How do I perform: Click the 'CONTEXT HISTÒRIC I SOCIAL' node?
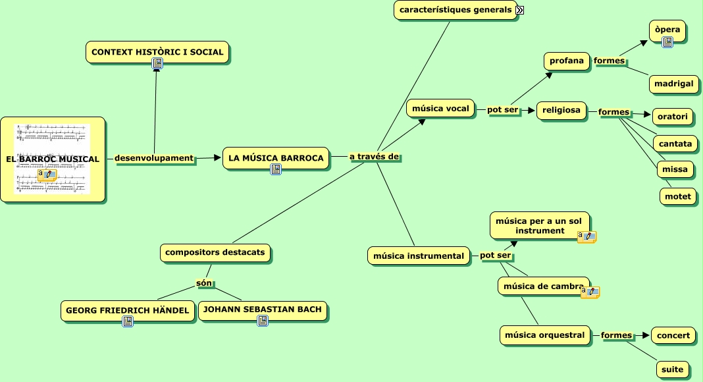157,51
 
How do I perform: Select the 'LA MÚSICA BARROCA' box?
276,158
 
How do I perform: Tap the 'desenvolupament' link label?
154,158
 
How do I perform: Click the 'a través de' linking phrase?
374,157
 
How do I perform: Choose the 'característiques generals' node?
456,10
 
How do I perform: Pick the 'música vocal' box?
440,108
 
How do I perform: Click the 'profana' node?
567,61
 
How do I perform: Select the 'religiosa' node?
561,111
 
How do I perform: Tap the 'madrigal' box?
673,84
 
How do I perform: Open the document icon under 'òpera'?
667,42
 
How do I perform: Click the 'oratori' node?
673,117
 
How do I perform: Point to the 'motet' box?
678,196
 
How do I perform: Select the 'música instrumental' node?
419,256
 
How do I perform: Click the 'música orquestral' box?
544,335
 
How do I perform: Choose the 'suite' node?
672,369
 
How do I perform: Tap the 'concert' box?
673,335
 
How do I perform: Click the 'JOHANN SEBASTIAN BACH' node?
262,309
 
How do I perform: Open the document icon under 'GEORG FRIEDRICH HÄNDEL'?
128,321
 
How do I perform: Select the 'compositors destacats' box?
215,252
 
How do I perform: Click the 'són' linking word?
204,283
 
